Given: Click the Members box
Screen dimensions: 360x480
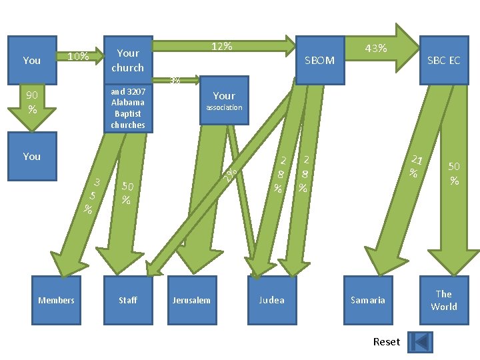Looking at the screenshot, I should [56, 300].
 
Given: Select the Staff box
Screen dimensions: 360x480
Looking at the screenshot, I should [128, 300].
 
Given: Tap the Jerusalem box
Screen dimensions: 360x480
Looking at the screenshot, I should [191, 300].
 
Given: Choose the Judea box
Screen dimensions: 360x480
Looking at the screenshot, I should [271, 300].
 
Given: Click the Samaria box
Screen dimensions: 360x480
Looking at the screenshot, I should [368, 300].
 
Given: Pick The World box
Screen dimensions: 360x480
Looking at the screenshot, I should [443, 300].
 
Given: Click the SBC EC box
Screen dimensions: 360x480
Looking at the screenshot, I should [443, 60].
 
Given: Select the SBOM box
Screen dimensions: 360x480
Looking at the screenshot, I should [319, 60].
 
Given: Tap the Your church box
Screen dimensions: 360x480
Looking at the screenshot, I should [127, 60].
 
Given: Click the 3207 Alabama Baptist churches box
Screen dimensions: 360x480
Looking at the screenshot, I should [127, 108].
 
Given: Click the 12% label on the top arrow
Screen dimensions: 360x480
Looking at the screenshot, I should [222, 46].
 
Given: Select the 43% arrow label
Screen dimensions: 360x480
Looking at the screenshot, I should [376, 48].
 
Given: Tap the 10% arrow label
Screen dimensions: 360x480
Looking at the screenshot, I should [79, 56].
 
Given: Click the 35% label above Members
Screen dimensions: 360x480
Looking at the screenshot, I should [93, 195].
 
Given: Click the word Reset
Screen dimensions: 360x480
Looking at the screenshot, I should [387, 341].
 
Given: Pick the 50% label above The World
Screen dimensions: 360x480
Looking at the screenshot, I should [454, 173].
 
